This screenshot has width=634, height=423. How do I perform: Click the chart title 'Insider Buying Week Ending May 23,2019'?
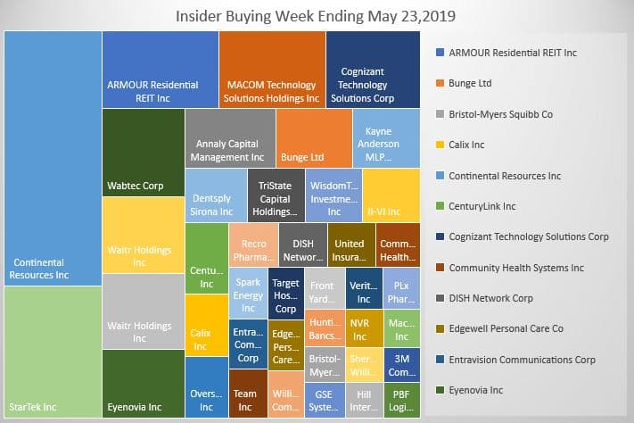(x=317, y=15)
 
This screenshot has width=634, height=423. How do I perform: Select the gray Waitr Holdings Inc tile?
(x=143, y=311)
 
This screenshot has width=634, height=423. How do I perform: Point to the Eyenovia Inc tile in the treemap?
(x=143, y=383)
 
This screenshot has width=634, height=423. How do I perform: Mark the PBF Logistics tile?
(x=401, y=399)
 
